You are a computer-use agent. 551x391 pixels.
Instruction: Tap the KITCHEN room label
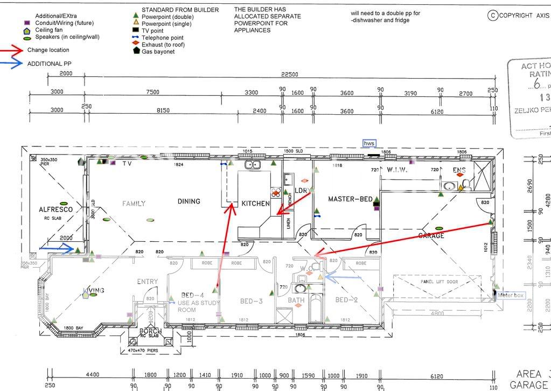[x=255, y=204]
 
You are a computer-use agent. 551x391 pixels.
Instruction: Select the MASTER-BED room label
[x=350, y=199]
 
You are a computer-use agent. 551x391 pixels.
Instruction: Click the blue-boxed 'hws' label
[x=369, y=143]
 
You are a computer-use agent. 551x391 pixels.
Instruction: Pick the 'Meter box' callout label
[x=511, y=295]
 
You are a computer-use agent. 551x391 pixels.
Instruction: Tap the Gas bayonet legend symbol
[x=136, y=51]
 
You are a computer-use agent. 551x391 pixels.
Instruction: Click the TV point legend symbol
[x=136, y=31]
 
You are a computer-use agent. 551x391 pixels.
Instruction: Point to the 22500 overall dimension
[x=290, y=74]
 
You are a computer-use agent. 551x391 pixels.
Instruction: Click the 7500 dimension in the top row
[x=153, y=93]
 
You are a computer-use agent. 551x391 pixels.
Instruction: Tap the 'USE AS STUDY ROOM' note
[x=198, y=306]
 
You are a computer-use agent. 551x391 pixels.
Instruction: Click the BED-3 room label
[x=251, y=301]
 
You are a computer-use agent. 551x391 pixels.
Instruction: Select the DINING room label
[x=189, y=201]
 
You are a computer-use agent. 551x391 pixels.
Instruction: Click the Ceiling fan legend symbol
[x=27, y=31]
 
